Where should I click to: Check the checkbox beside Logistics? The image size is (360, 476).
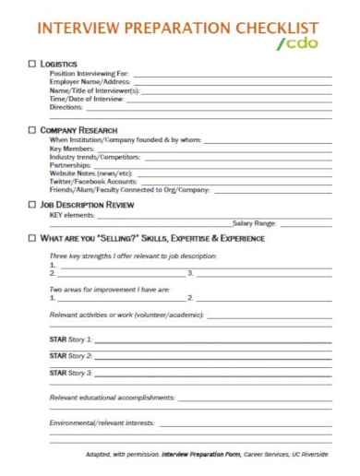click(34, 63)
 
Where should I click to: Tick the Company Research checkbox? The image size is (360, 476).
click(34, 130)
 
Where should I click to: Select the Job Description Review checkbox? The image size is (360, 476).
click(34, 204)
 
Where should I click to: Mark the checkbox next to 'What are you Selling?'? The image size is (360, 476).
click(34, 239)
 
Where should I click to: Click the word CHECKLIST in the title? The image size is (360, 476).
click(276, 28)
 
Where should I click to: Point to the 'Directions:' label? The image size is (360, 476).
click(66, 107)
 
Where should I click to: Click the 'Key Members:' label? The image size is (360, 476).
click(72, 148)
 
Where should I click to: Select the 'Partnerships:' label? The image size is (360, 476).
click(70, 164)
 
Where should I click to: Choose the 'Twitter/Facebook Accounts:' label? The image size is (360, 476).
click(91, 181)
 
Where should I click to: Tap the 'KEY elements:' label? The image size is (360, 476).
click(73, 214)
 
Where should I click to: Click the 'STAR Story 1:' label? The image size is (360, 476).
click(70, 339)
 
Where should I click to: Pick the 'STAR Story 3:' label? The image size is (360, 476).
click(70, 373)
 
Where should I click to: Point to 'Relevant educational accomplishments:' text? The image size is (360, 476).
click(112, 398)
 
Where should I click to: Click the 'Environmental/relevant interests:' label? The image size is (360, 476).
click(103, 423)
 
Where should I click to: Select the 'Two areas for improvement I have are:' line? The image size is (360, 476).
click(110, 289)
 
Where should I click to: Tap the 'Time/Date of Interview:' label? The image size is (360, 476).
click(86, 99)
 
